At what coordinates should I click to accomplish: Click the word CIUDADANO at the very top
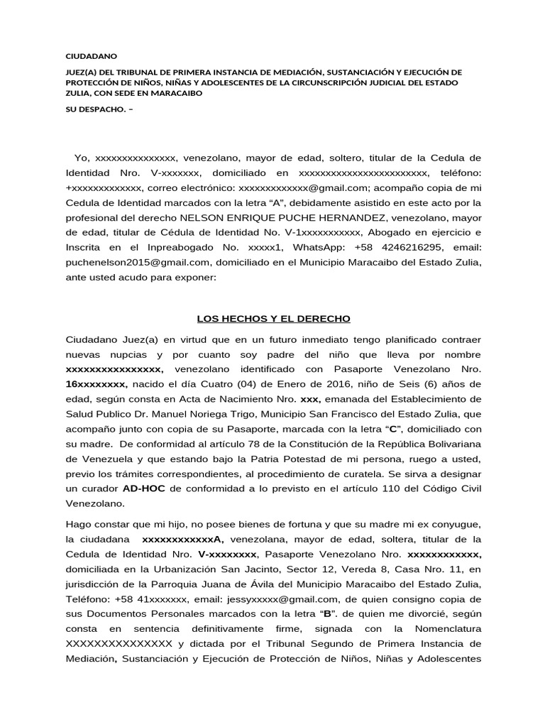click(92, 55)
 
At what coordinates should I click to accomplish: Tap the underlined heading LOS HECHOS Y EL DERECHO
click(273, 319)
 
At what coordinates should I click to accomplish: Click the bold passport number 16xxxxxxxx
click(97, 384)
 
